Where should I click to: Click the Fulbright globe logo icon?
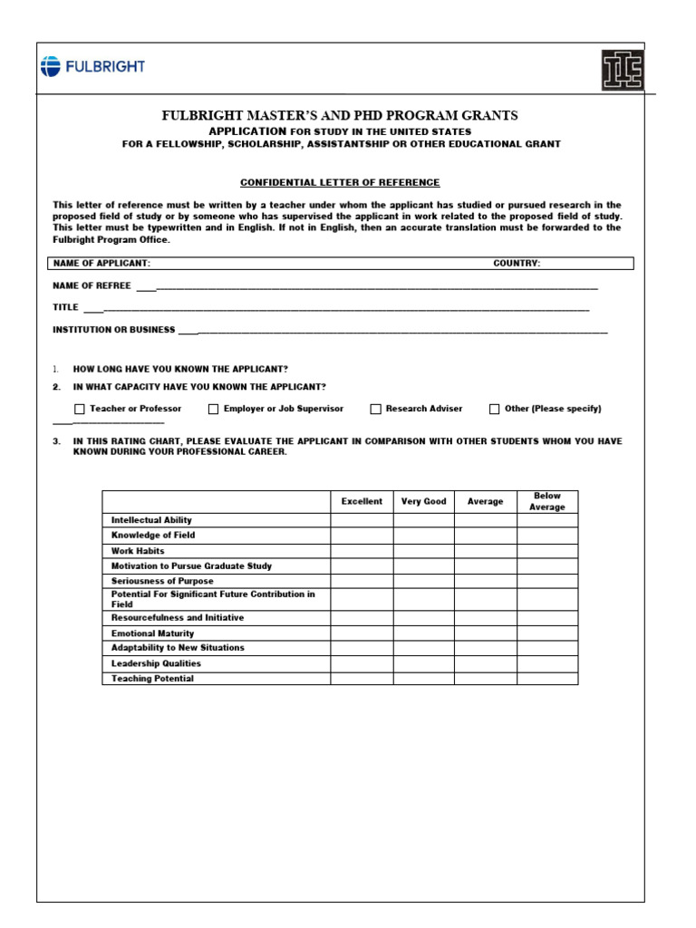click(51, 66)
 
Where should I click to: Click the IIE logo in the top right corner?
click(623, 70)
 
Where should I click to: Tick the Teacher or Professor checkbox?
click(80, 409)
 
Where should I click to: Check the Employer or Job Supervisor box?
click(214, 409)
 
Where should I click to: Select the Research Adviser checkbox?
click(375, 409)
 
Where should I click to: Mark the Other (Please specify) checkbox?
click(495, 409)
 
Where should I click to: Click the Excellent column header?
click(362, 501)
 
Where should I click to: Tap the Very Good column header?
click(423, 501)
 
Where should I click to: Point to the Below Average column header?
click(547, 501)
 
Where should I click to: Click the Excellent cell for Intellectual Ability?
click(362, 520)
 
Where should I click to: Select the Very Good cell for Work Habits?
click(423, 551)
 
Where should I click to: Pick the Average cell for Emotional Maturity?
click(485, 633)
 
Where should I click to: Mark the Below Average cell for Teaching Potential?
click(547, 679)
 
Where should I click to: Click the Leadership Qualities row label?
click(156, 663)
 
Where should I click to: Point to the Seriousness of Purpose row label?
click(162, 581)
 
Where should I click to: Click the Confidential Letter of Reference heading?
click(340, 182)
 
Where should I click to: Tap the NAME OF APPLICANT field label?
click(101, 263)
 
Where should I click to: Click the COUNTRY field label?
click(517, 263)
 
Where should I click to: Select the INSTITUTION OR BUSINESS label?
click(114, 330)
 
